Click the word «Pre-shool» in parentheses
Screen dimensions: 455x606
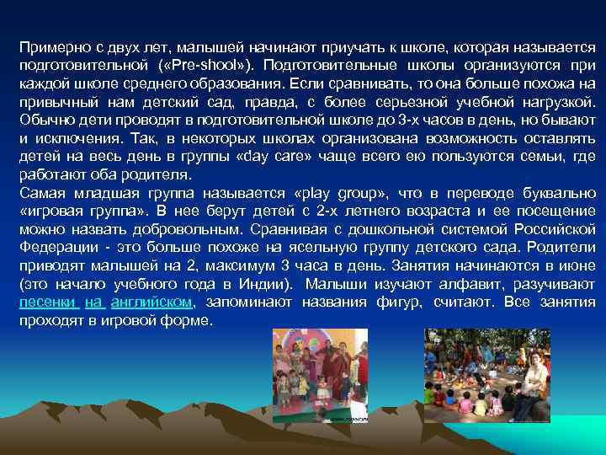218,65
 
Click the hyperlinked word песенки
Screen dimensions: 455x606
47,302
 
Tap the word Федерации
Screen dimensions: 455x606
55,247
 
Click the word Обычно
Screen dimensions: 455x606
46,120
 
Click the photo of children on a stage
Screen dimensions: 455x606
319,375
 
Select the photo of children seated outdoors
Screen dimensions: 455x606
488,375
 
